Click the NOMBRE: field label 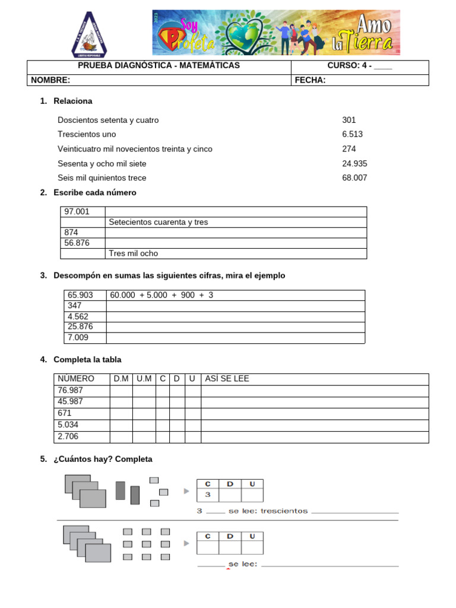click(x=50, y=80)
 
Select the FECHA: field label click(x=311, y=80)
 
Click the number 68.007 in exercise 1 click(x=354, y=178)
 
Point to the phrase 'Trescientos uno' click(x=87, y=134)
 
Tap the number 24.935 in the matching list click(x=354, y=163)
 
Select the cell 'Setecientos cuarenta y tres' click(x=159, y=222)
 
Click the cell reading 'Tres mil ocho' click(x=134, y=254)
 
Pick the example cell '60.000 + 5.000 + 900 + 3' click(x=161, y=295)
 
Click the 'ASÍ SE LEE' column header click(x=227, y=378)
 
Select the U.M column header click(x=144, y=378)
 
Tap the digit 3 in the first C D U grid click(x=208, y=495)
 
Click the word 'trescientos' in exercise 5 click(x=284, y=511)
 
